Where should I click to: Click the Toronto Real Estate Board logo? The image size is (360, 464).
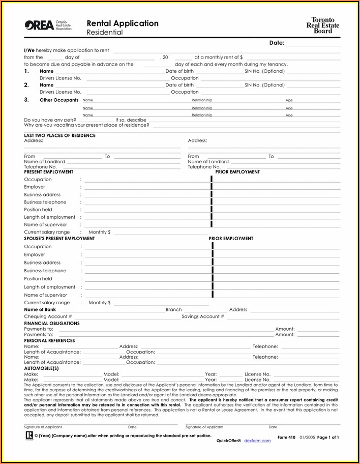click(x=325, y=25)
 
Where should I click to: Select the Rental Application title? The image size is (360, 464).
click(x=123, y=23)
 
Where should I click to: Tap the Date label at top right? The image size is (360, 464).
click(x=277, y=43)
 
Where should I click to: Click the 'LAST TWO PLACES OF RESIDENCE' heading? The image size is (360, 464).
click(x=59, y=136)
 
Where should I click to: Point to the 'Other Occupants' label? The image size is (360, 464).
click(x=59, y=100)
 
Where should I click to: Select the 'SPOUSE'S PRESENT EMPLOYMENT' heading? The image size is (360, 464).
click(x=59, y=239)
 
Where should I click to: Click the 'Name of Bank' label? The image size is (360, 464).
click(x=40, y=309)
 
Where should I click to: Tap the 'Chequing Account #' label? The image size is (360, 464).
click(x=48, y=316)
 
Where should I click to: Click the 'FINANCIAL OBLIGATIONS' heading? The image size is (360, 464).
click(x=52, y=323)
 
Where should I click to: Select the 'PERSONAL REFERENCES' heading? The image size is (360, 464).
click(x=49, y=340)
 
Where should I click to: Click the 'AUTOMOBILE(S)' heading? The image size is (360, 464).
click(x=41, y=368)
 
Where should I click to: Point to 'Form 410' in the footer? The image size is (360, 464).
click(x=287, y=437)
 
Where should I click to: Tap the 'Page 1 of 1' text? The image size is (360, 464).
click(x=328, y=437)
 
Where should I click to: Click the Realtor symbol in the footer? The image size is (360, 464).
click(x=28, y=436)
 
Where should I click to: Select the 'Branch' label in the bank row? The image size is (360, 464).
click(x=173, y=309)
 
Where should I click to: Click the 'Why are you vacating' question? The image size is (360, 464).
click(x=86, y=125)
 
